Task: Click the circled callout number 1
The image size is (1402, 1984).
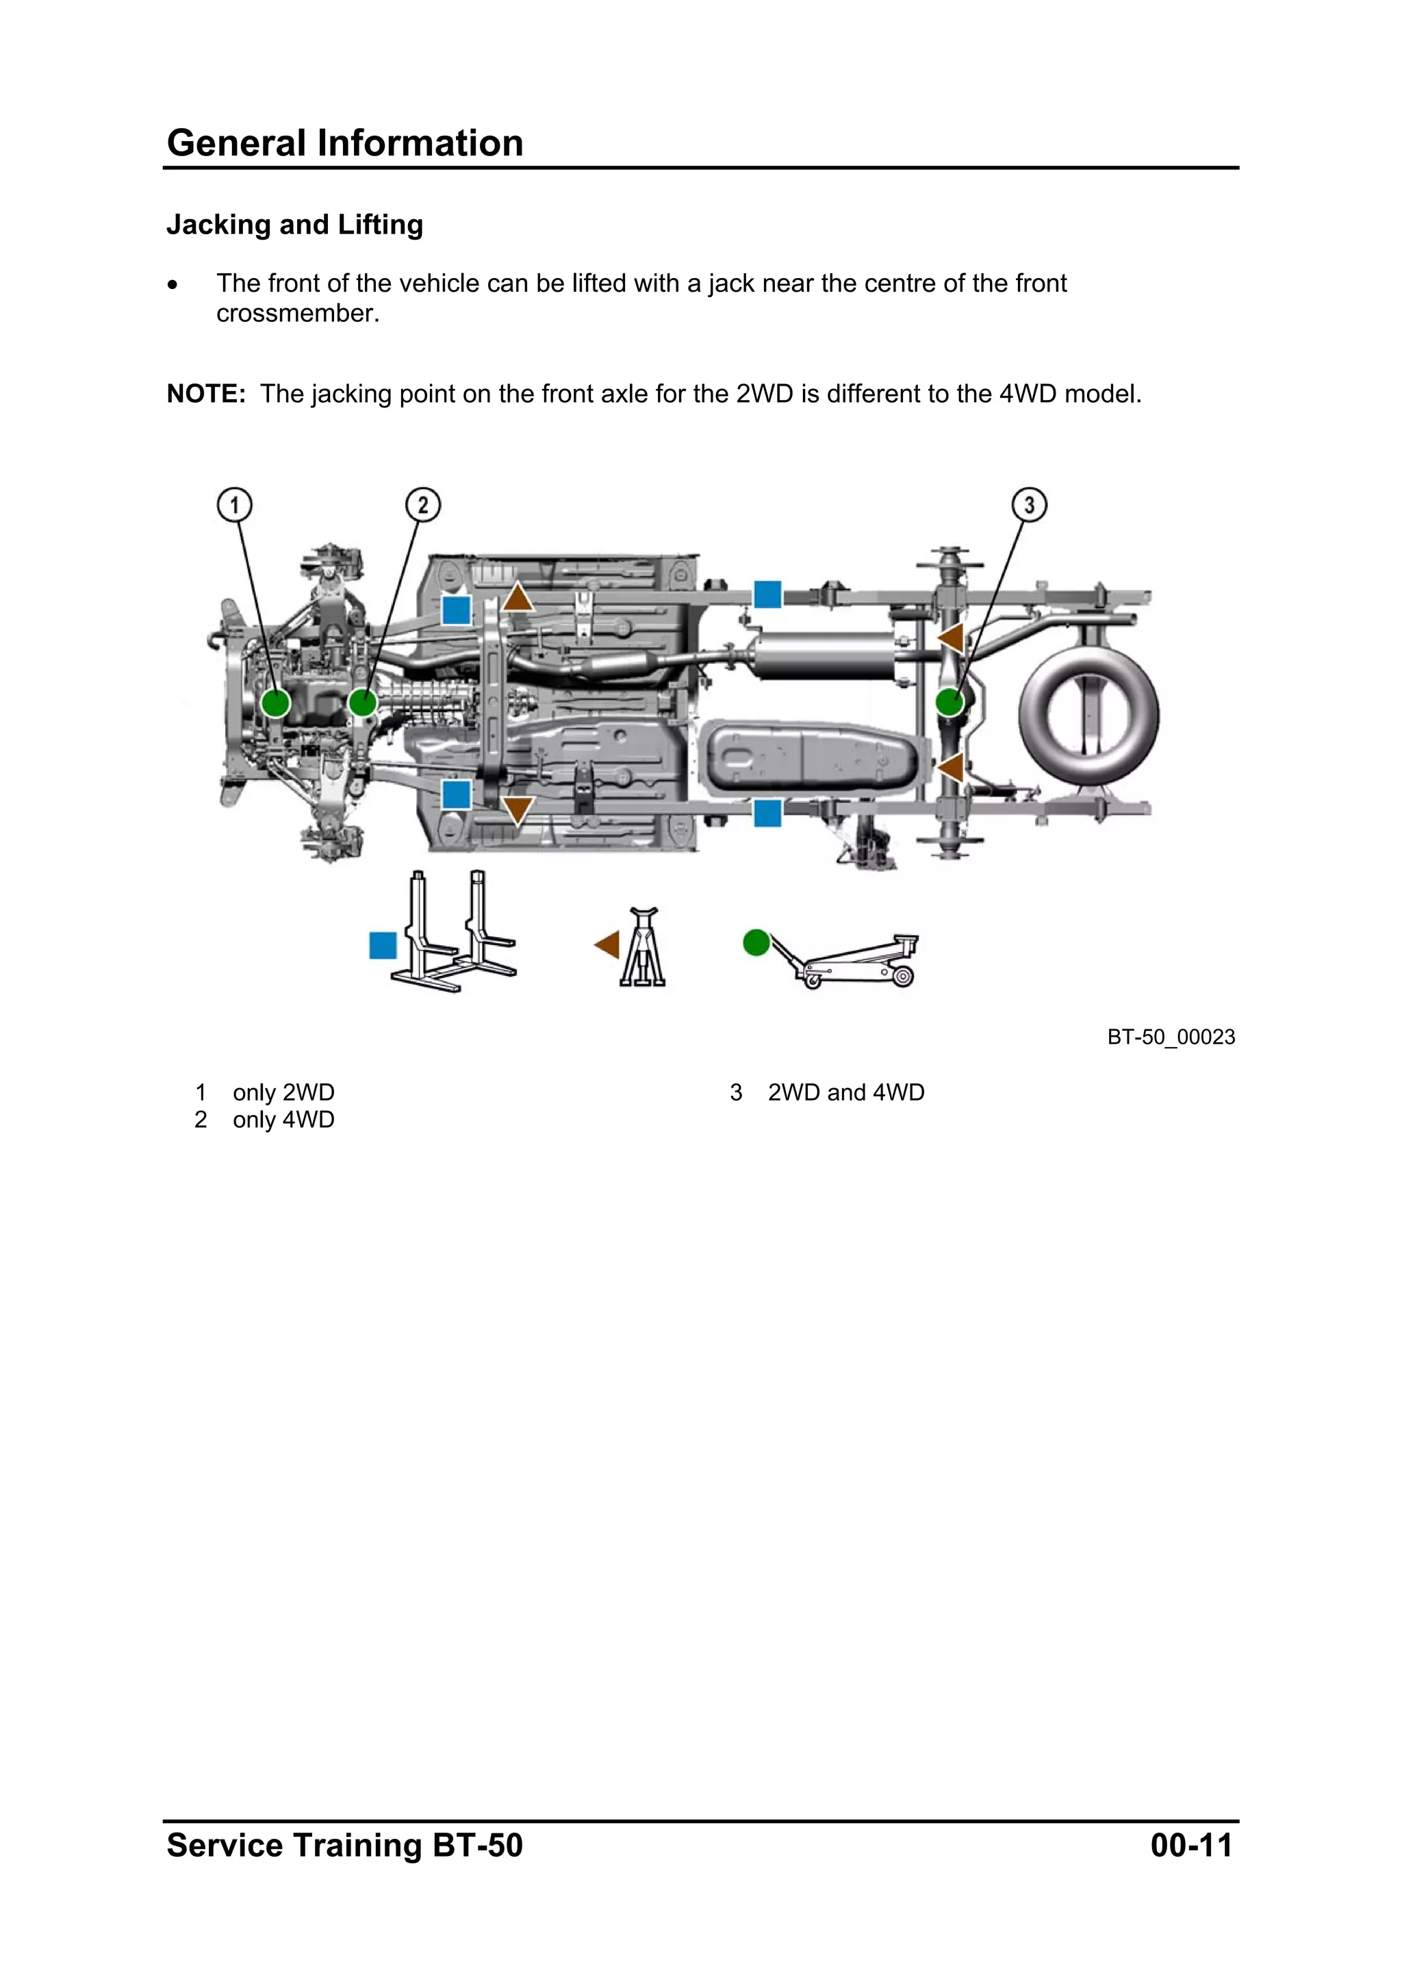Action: [234, 505]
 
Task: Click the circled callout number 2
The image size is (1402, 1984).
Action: [422, 505]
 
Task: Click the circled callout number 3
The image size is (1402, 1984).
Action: [1029, 505]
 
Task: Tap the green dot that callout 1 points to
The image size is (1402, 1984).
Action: [276, 703]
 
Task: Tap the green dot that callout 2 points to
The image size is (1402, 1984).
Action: [363, 703]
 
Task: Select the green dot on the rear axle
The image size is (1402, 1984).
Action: [949, 702]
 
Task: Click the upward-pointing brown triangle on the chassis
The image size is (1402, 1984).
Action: [518, 598]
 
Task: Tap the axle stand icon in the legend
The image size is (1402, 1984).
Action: [643, 947]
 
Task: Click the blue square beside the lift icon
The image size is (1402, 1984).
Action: [383, 945]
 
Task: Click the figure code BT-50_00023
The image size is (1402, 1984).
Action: [1171, 1037]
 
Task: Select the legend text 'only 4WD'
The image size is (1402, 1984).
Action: [283, 1120]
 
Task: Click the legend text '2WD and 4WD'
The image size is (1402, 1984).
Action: [845, 1092]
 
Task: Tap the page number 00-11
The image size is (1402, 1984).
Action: [1190, 1845]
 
